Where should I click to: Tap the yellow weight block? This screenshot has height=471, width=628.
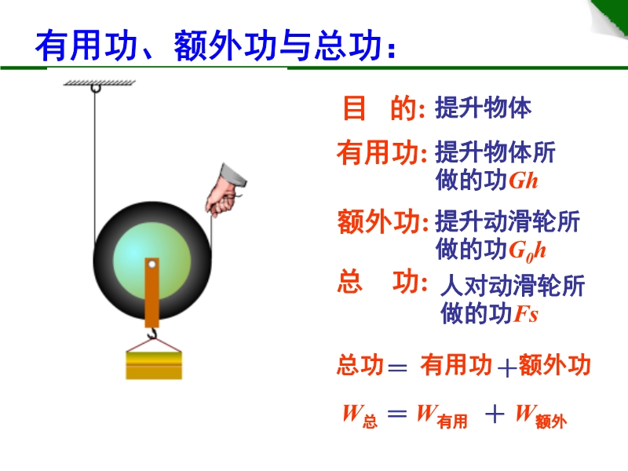coord(154,365)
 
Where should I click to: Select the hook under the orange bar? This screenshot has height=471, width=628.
coord(152,333)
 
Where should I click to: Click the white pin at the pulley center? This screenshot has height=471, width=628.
coord(152,265)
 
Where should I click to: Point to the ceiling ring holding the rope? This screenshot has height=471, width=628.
coord(95,88)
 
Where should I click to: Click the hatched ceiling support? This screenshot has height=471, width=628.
coord(100,82)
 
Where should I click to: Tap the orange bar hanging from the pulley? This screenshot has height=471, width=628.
coord(152,293)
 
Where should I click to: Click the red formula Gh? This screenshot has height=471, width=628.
coord(523,181)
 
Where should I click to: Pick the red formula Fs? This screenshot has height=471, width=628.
coord(526,314)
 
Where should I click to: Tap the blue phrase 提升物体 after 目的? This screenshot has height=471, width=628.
coord(483,108)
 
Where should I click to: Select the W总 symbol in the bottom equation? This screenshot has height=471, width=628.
coord(360,416)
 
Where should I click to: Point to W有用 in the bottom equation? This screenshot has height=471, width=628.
coord(441,416)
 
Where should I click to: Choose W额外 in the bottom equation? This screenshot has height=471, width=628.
coord(541,416)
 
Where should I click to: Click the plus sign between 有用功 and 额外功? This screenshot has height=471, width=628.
coord(506,367)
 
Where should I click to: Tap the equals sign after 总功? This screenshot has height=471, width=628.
coord(397,367)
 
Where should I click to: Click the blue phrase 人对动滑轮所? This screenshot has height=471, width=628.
coord(513,285)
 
